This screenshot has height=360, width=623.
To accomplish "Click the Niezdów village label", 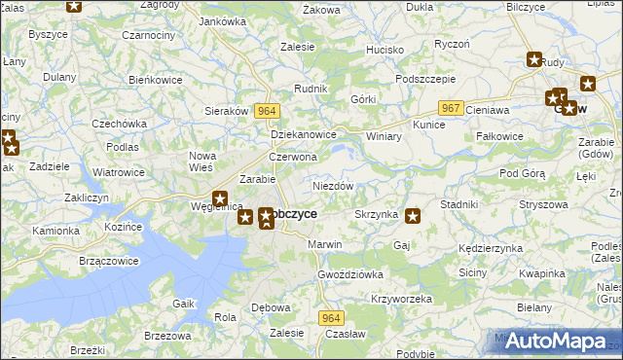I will click(332, 186).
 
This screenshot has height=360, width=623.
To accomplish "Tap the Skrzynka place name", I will click(375, 214).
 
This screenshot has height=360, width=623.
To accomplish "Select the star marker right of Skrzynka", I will click(413, 216).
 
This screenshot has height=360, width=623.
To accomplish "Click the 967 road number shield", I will click(450, 107).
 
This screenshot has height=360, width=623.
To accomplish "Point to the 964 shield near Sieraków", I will click(268, 112).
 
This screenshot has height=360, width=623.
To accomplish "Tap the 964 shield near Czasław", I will click(333, 319).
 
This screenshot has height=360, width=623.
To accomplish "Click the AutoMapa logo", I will click(557, 341).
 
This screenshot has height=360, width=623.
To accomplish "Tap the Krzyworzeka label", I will click(401, 299).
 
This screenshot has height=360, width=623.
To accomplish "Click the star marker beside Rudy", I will click(534, 59).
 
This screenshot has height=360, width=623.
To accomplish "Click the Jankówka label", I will click(222, 20).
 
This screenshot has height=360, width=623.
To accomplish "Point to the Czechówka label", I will click(119, 124).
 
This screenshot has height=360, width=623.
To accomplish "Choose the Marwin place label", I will click(324, 244).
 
